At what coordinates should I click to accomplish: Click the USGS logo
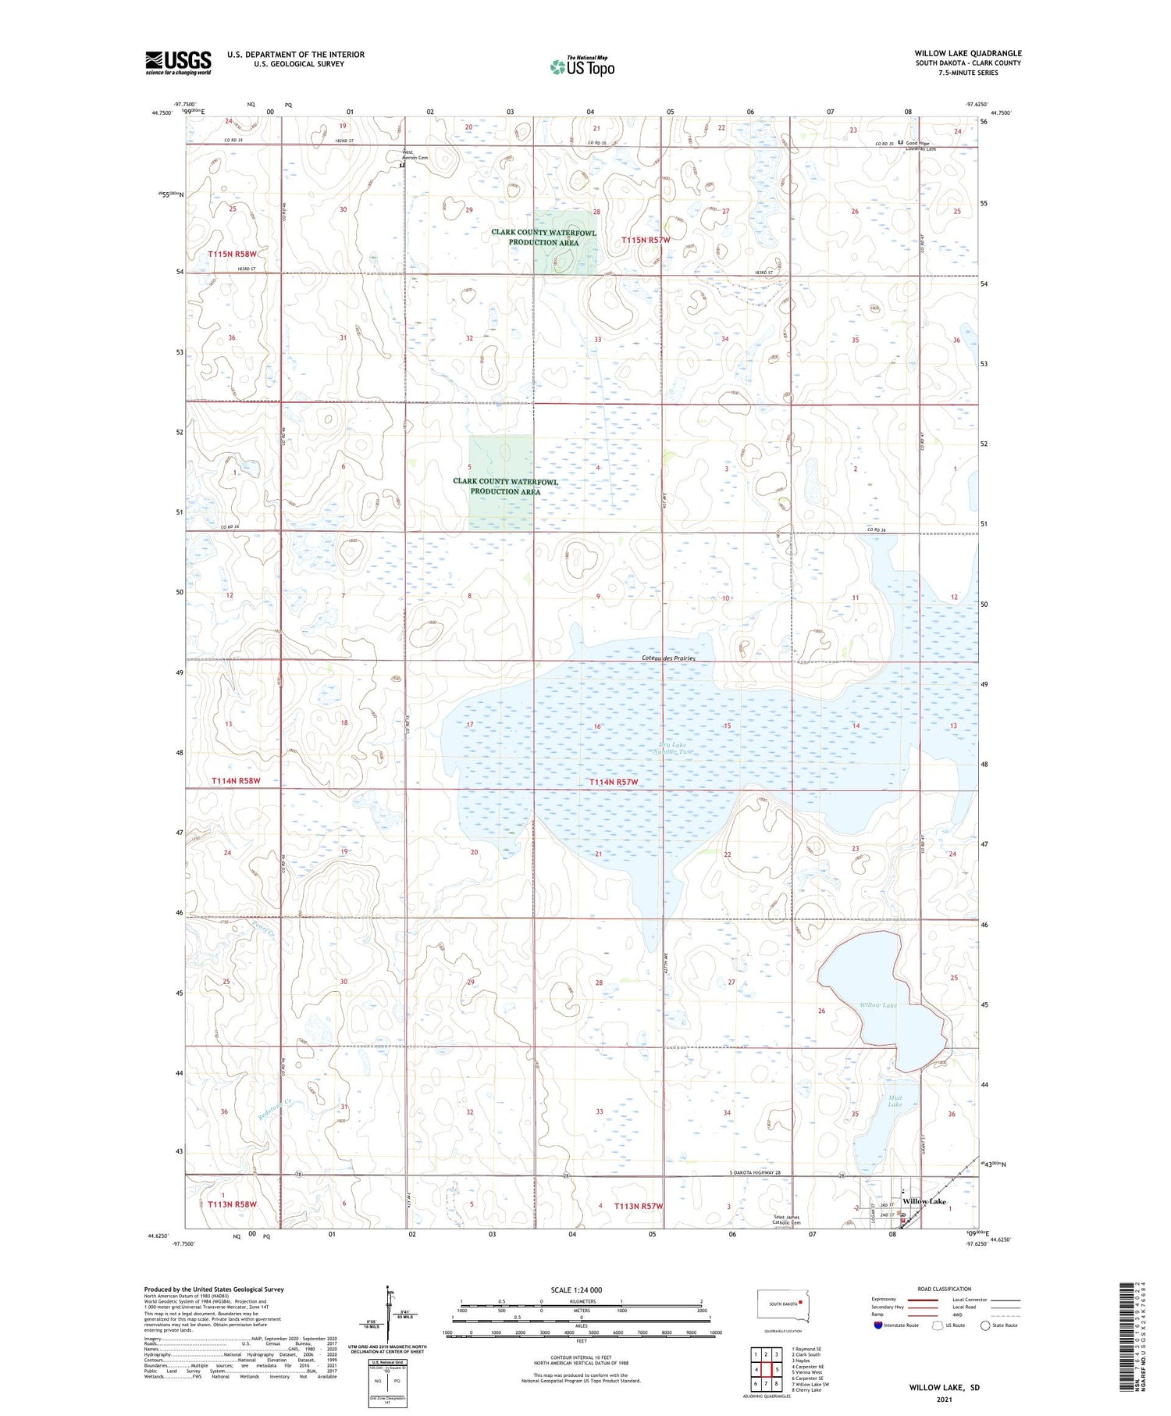[x=178, y=62]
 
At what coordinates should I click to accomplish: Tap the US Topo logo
[x=582, y=67]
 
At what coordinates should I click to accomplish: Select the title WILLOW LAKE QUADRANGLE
[x=968, y=53]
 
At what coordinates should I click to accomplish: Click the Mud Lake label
[x=895, y=1101]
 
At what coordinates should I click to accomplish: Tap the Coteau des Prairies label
[x=668, y=658]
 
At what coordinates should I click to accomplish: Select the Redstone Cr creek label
[x=274, y=1111]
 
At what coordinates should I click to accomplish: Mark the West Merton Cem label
[x=415, y=155]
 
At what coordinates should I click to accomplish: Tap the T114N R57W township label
[x=614, y=782]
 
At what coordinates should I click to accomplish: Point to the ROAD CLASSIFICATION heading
[x=945, y=1289]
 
